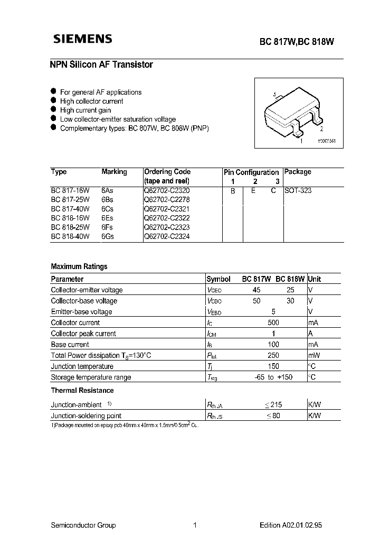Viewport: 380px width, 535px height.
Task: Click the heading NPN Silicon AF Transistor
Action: click(101, 64)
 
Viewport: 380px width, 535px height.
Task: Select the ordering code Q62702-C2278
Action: click(167, 200)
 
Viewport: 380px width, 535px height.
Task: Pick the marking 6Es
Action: click(108, 218)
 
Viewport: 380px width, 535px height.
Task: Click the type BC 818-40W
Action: click(70, 236)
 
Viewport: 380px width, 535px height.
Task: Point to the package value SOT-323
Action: click(298, 190)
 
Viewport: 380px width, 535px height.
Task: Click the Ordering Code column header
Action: click(167, 172)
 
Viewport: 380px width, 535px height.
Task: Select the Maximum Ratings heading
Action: click(79, 266)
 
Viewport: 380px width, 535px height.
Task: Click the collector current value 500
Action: click(274, 322)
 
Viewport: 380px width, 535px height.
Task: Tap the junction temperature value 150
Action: click(274, 366)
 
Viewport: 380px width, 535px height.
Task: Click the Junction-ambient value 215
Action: click(276, 404)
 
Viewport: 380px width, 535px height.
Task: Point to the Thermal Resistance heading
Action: click(82, 390)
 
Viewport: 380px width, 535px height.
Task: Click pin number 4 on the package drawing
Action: click(275, 95)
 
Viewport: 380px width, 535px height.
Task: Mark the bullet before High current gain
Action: click(53, 110)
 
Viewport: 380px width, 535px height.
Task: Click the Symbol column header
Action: click(218, 279)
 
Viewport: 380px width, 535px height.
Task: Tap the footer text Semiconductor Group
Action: click(83, 525)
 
